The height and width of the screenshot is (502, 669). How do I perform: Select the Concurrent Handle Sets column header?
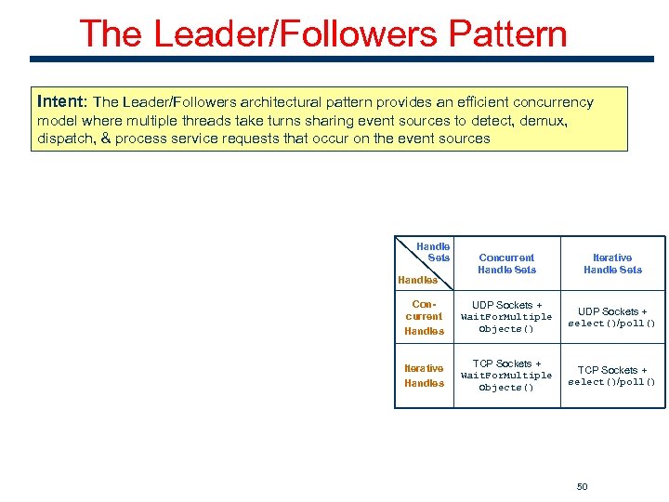(506, 264)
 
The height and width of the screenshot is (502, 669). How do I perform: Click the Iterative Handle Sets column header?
(612, 264)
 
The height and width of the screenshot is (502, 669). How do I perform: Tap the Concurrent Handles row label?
(424, 317)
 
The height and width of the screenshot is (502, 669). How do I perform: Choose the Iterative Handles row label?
(424, 376)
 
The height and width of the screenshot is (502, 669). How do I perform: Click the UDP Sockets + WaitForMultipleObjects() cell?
(506, 317)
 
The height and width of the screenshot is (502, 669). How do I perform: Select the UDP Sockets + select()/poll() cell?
(612, 317)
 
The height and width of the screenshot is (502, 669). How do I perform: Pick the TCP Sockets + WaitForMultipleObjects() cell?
(506, 376)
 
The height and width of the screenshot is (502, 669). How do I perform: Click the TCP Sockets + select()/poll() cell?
(612, 376)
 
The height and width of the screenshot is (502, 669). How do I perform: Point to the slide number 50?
(583, 486)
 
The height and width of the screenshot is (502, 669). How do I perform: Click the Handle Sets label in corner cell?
(436, 252)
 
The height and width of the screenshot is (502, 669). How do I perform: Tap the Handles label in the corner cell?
(417, 280)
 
